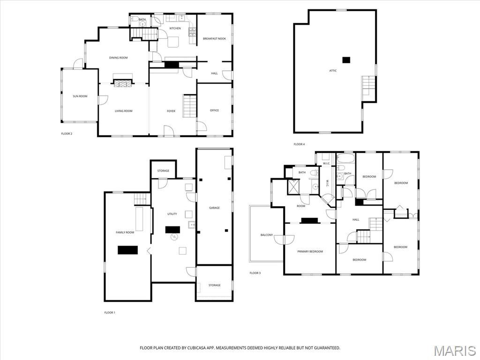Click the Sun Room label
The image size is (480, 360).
point(80,96)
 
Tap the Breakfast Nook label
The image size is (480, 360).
point(214,38)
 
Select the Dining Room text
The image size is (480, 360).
point(118,58)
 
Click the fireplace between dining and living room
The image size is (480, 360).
point(123,83)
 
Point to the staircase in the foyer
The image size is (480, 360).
point(189,106)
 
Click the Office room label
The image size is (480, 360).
point(214,111)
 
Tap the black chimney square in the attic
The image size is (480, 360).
point(346,60)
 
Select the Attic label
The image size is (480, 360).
point(333,71)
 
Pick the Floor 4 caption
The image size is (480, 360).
point(299,144)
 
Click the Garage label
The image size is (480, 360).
point(214,208)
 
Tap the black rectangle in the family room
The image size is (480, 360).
point(127,250)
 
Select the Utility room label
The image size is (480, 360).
point(172,214)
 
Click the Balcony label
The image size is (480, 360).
point(267,235)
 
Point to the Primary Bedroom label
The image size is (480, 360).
point(310,252)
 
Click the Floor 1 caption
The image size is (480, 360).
point(109,312)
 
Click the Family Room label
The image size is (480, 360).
point(125,232)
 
